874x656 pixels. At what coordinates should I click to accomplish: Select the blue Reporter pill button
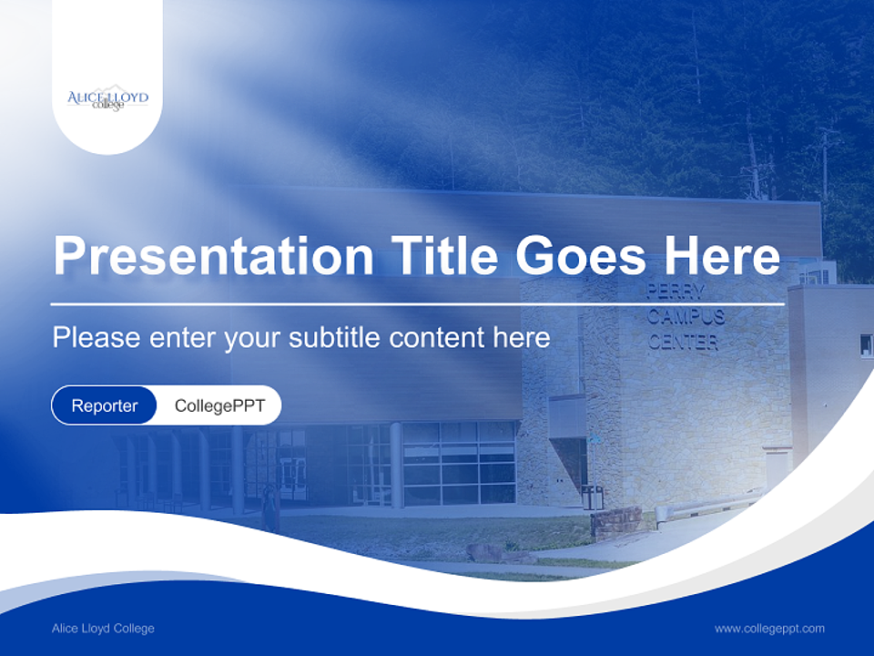(x=104, y=405)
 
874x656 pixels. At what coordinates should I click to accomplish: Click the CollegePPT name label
(x=219, y=405)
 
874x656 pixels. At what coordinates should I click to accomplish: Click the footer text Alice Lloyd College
(x=103, y=629)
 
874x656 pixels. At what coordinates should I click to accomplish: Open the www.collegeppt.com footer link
(x=769, y=629)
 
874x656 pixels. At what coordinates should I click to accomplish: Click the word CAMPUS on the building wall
(x=686, y=317)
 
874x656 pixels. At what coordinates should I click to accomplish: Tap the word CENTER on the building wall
(x=683, y=343)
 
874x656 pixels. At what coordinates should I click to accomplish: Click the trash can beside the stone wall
(x=592, y=497)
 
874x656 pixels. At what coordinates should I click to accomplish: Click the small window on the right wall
(x=865, y=345)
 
